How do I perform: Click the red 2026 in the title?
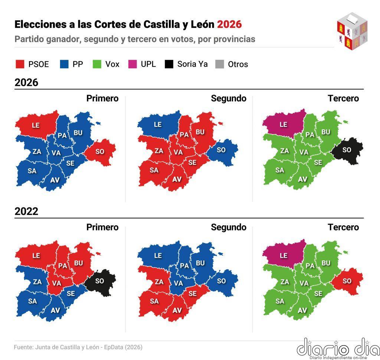click(229, 24)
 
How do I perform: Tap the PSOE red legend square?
click(20, 64)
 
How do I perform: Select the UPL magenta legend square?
click(132, 64)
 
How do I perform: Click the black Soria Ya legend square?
click(169, 64)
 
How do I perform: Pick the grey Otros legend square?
click(220, 64)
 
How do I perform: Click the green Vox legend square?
click(97, 64)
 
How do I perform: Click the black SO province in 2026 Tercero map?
click(347, 150)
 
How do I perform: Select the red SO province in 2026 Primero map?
click(100, 151)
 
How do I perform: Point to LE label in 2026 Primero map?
click(36, 125)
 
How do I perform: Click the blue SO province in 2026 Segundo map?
click(221, 150)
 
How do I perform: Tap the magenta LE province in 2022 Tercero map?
click(284, 255)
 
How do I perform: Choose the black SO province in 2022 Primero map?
click(99, 281)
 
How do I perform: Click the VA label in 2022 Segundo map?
click(178, 283)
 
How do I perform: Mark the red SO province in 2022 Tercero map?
click(347, 281)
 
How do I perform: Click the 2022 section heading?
click(26, 212)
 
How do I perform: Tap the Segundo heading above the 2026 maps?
click(229, 98)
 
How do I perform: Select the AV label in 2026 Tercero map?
click(303, 179)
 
